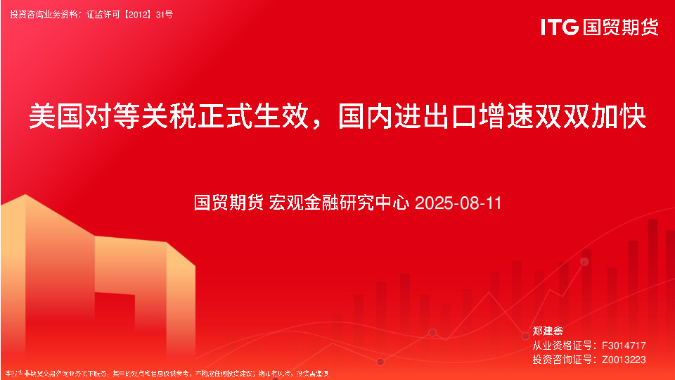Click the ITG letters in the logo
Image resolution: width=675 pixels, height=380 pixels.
(x=560, y=27)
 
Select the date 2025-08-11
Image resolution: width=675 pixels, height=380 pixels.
(x=458, y=203)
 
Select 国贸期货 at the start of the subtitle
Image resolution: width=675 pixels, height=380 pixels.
(x=229, y=203)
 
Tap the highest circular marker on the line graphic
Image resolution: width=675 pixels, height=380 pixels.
(x=584, y=262)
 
